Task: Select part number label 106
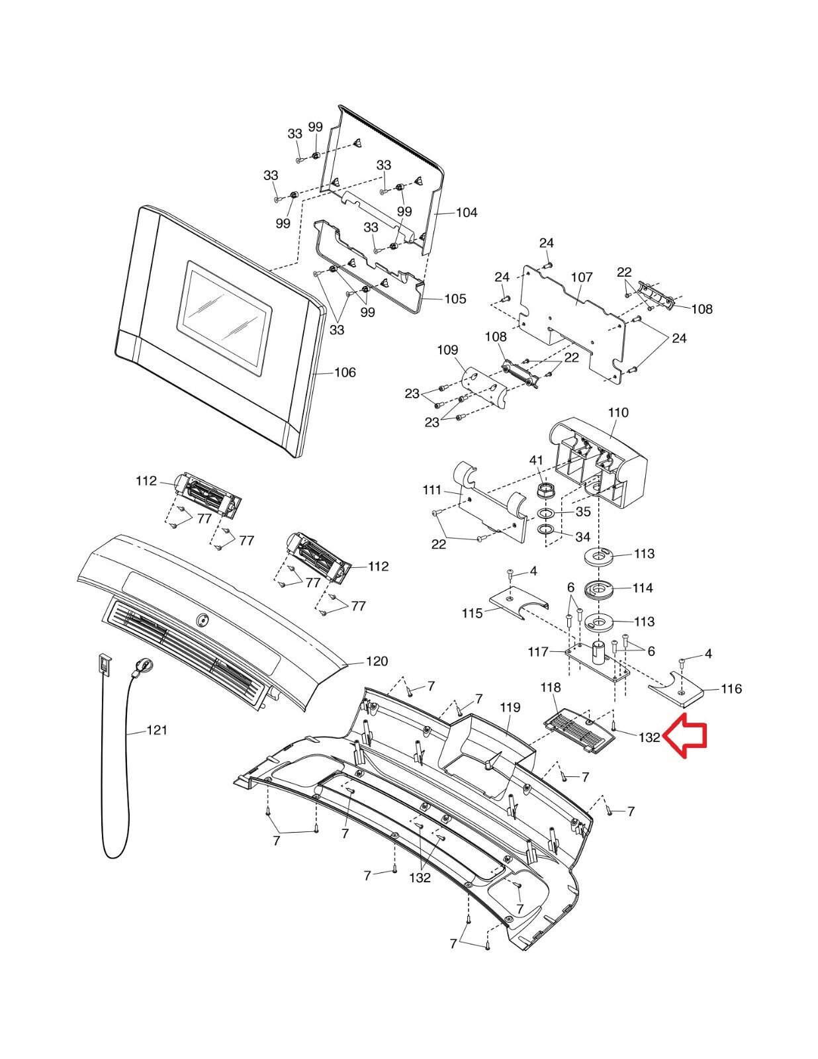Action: coord(344,373)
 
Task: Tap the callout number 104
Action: coord(466,212)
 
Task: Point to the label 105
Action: coord(455,299)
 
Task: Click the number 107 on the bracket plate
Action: coord(582,277)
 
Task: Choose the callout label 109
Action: coord(447,349)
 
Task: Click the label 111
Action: coord(432,490)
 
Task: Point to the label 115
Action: coord(473,614)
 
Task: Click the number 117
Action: coord(539,652)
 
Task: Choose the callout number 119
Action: coord(510,708)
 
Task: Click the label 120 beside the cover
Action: coord(377,661)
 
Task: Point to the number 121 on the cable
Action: coord(156,730)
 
